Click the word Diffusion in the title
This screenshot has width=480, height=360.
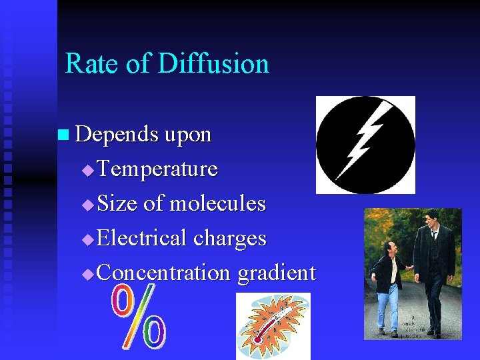click(213, 64)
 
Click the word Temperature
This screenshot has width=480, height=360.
click(157, 169)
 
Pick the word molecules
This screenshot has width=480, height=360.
click(217, 204)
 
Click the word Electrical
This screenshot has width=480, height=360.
click(142, 239)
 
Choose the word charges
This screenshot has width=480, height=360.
click(230, 239)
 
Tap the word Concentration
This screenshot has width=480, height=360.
click(164, 273)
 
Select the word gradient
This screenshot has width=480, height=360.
click(276, 273)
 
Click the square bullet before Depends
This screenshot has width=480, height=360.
click(63, 135)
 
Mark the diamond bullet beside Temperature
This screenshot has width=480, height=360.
click(87, 171)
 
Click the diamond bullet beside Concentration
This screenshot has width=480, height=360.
click(87, 275)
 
